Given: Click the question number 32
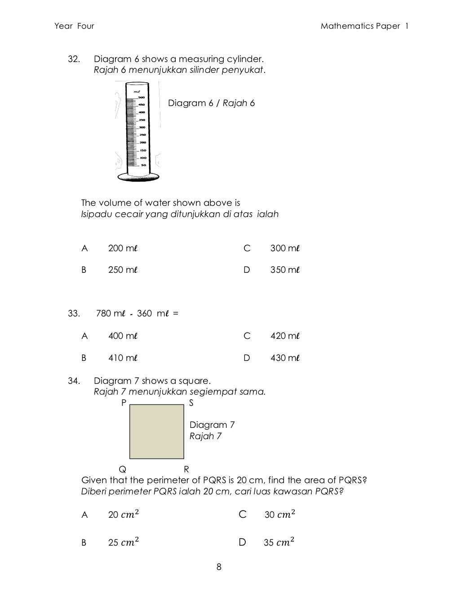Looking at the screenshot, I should pyautogui.click(x=74, y=59).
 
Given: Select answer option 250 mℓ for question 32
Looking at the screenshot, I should pyautogui.click(x=122, y=270).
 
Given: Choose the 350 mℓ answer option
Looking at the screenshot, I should pyautogui.click(x=284, y=270).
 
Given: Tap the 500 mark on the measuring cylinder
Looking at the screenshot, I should pyautogui.click(x=141, y=98).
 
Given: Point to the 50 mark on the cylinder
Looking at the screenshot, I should pyautogui.click(x=143, y=165).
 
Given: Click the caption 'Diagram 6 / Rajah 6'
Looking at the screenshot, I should pyautogui.click(x=211, y=103).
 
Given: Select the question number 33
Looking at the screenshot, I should pyautogui.click(x=74, y=313).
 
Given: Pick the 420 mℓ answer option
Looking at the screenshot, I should pyautogui.click(x=284, y=336).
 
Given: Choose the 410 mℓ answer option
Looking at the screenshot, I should pyautogui.click(x=122, y=358).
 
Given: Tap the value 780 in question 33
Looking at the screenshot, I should pyautogui.click(x=103, y=313).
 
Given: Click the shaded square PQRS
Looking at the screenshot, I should pyautogui.click(x=157, y=431).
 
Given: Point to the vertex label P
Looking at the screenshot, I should pyautogui.click(x=124, y=403).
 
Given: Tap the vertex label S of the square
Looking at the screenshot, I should pyautogui.click(x=191, y=403).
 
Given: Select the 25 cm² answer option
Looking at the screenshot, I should pyautogui.click(x=121, y=543).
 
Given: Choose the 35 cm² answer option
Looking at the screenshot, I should pyautogui.click(x=279, y=543).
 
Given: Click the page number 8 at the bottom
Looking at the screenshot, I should pyautogui.click(x=219, y=567).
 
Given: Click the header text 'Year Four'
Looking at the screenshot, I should pyautogui.click(x=74, y=26).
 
